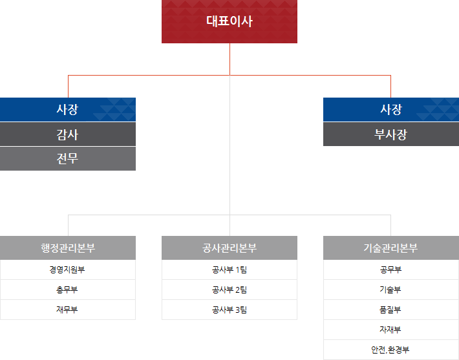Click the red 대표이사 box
pos(229,21)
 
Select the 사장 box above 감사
pos(67,109)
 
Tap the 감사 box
pos(67,134)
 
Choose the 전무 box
pos(67,158)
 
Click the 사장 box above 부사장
pos(390,109)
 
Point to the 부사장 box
pos(390,134)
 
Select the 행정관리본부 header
pos(67,248)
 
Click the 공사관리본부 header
pos(229,248)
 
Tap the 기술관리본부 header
pos(390,248)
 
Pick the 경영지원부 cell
pos(67,270)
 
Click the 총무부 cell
pos(67,290)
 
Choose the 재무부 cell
pos(67,310)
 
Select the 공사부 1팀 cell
pos(229,270)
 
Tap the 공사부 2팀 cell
pos(229,290)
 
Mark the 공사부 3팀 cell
pos(229,310)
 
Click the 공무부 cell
pos(390,270)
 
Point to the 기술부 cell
pos(390,290)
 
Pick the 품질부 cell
pos(390,310)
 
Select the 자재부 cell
pos(390,330)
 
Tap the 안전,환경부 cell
pos(390,350)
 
